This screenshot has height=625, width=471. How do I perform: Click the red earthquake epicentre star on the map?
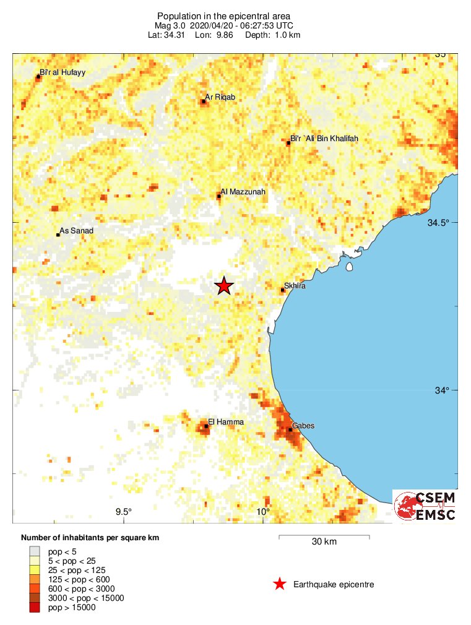pos(224,285)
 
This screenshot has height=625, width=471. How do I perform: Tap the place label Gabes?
pos(303,425)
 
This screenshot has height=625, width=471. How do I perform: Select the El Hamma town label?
pos(226,422)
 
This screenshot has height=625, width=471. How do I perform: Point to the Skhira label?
pos(295,287)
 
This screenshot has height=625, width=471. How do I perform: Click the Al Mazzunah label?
pos(243,192)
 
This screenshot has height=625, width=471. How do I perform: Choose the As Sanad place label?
pos(76,231)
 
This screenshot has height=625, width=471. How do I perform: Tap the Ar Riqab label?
pos(220,97)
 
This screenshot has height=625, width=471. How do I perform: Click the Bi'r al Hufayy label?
pos(62,72)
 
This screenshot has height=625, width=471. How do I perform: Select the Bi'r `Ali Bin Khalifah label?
pos(324,139)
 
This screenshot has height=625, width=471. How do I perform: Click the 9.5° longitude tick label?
pos(124,511)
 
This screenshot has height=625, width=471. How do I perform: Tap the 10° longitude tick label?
pos(262,511)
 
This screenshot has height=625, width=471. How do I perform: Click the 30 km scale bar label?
pos(324,542)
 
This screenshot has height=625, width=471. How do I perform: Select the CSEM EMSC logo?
pos(426,506)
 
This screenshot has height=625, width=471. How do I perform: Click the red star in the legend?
pos(280,584)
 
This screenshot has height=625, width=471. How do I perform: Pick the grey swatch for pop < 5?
pos(35,551)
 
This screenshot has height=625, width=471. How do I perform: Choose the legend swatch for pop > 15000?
pos(35,608)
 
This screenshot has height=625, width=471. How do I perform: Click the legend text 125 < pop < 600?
pos(79,579)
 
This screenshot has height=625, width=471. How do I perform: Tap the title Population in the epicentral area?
pos(223,15)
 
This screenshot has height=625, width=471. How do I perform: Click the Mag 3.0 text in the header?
pos(169,25)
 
